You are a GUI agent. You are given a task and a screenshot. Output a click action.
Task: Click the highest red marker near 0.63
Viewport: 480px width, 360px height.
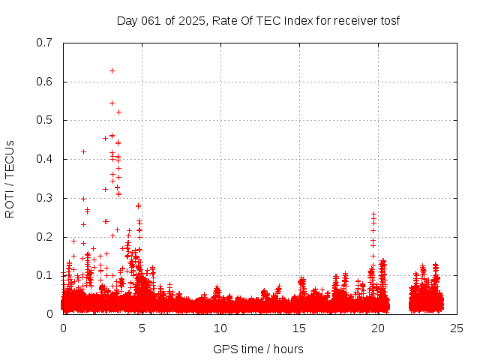[112, 70]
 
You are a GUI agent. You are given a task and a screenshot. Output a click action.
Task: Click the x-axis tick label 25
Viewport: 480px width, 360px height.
[457, 328]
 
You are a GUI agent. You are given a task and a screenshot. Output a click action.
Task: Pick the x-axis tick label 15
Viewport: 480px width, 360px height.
[299, 328]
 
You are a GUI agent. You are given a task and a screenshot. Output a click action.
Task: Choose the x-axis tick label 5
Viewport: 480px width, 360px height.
[142, 328]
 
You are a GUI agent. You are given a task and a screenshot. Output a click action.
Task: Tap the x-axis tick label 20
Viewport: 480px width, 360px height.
[378, 328]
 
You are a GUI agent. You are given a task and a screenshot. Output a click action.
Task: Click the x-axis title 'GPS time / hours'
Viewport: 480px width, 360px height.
[259, 349]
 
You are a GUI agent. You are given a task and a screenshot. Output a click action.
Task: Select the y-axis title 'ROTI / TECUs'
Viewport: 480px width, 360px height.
[10, 178]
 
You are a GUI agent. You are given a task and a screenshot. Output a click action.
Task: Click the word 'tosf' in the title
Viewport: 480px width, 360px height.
[390, 20]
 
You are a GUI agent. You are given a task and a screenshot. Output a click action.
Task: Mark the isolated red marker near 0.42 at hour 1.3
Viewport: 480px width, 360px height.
[83, 151]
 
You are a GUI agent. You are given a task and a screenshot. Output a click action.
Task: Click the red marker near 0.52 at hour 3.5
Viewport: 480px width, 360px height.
[118, 112]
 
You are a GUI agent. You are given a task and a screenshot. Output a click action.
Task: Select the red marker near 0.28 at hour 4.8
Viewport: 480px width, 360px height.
[138, 205]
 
